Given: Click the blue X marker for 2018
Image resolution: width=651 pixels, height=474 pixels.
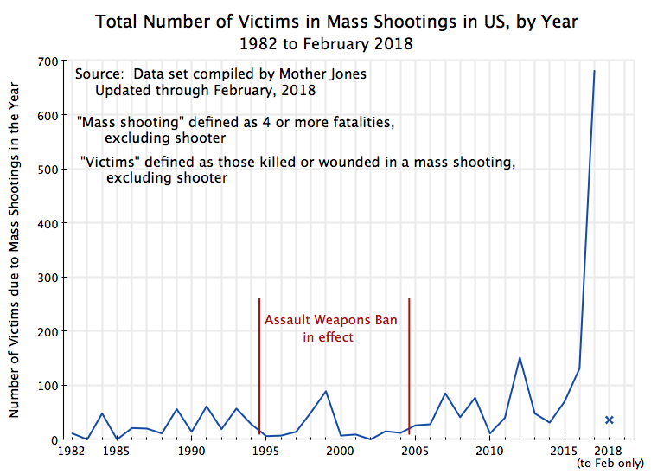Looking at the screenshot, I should (x=609, y=420).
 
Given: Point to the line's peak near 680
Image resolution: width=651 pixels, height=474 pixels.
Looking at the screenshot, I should (x=594, y=71).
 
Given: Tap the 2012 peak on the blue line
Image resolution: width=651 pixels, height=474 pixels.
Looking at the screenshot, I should (x=520, y=357).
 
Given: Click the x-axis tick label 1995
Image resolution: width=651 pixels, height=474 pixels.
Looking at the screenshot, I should (x=266, y=451).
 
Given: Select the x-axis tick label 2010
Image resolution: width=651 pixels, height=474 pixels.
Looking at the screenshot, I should (x=489, y=451).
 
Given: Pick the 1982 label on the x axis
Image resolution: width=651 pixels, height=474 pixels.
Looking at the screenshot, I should (x=72, y=451).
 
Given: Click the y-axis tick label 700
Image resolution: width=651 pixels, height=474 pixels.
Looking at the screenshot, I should (x=47, y=61).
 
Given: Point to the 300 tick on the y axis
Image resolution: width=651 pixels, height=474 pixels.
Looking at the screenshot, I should (x=47, y=278).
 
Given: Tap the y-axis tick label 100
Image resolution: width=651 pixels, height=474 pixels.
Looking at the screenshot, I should (x=47, y=386).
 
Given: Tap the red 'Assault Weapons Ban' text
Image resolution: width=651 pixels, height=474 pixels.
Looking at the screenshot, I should (x=330, y=320).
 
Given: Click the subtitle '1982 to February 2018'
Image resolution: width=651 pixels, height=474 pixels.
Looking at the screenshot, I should (x=327, y=42).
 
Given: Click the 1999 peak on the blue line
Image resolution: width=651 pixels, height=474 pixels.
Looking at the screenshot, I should (x=326, y=391).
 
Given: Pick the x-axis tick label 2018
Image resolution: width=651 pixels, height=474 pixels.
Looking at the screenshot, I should (x=609, y=451).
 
